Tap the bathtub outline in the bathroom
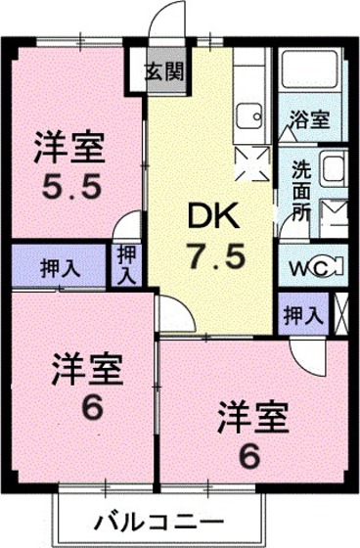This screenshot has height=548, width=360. [x=307, y=73]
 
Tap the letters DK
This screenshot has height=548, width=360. [x=210, y=213]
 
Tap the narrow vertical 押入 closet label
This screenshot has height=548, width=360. [x=126, y=264]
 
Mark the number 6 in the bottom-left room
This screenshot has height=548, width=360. [x=90, y=407]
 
